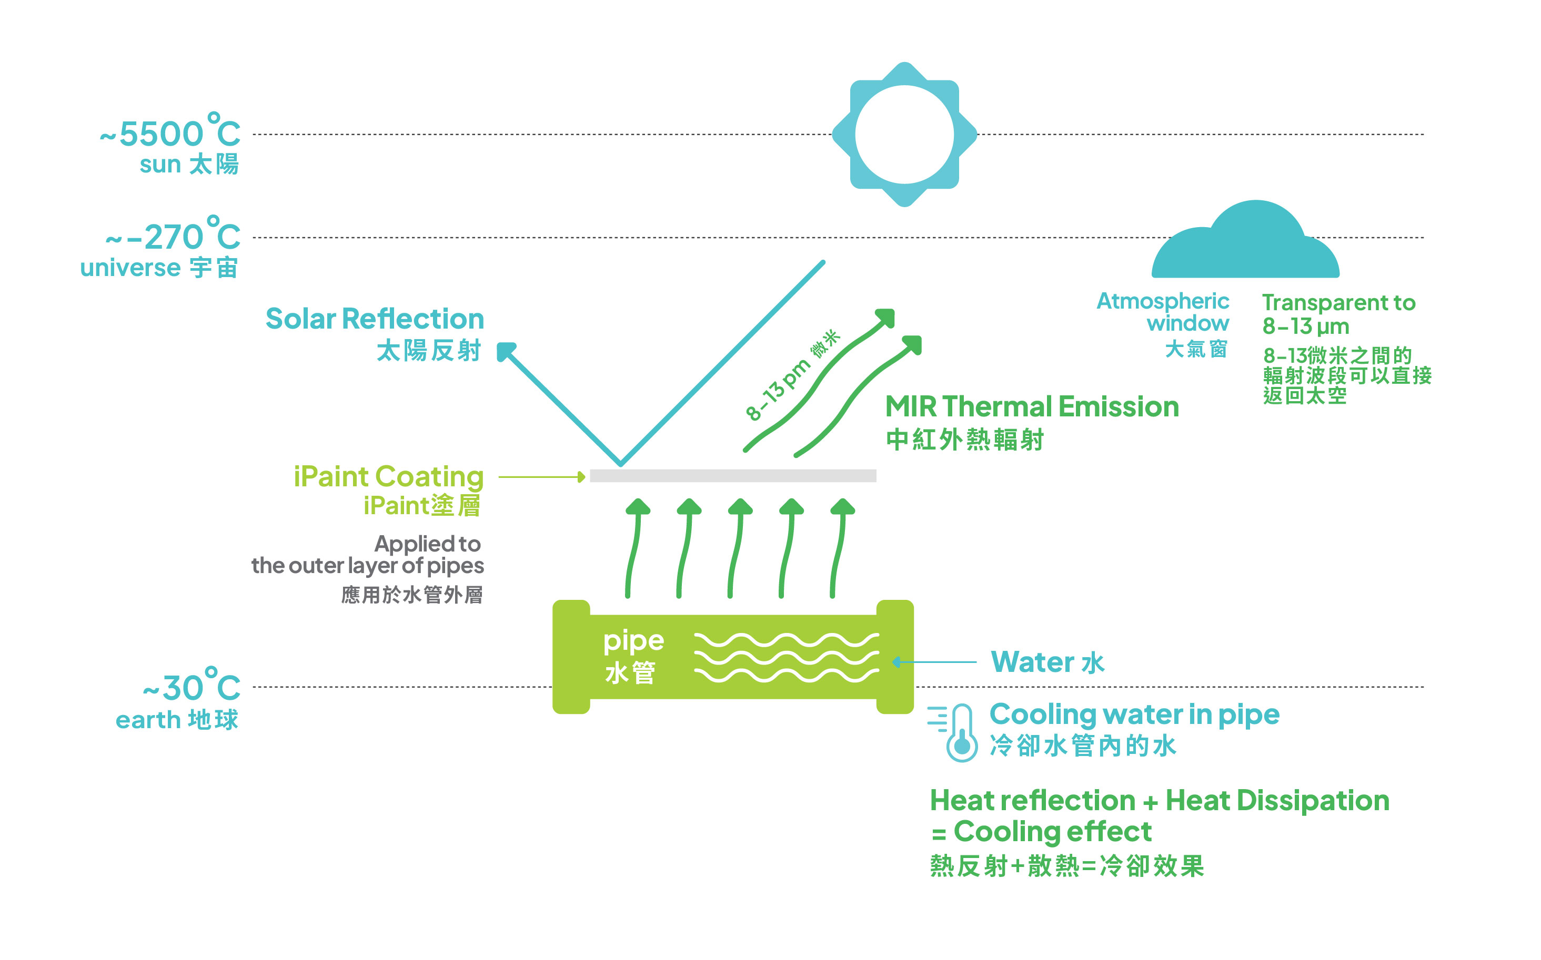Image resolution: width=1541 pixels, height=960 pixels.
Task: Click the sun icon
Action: tap(904, 135)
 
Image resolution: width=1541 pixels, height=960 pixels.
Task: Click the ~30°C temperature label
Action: tap(192, 688)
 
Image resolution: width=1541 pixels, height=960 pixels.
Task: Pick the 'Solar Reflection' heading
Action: tap(375, 319)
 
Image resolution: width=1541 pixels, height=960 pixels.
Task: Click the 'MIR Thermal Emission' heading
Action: tap(1032, 407)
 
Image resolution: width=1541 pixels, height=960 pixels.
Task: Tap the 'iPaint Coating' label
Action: tap(388, 476)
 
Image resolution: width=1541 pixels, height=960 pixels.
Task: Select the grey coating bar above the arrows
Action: tap(732, 476)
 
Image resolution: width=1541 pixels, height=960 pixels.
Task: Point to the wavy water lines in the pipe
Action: tap(787, 657)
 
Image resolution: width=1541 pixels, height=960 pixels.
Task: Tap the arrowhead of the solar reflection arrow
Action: tap(506, 351)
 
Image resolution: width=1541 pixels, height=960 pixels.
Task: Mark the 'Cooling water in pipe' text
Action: tap(1134, 714)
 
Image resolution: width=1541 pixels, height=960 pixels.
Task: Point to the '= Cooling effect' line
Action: tap(1042, 832)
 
